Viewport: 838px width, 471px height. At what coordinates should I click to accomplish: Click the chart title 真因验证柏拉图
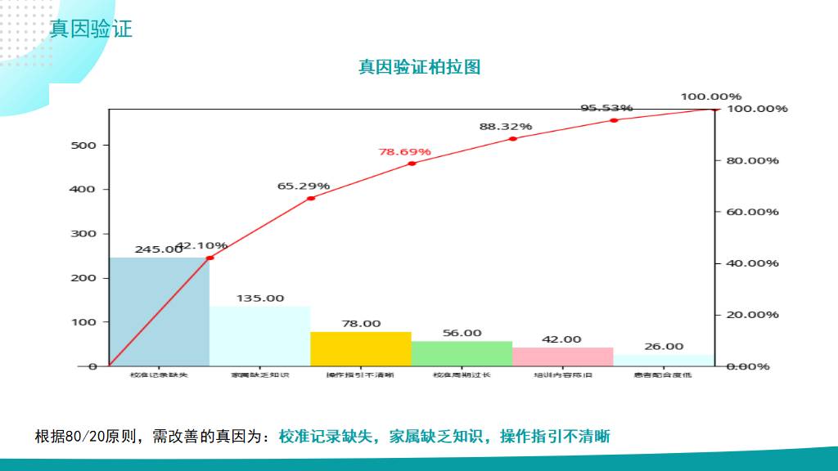419,67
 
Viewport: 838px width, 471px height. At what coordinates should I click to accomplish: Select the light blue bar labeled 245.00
159,312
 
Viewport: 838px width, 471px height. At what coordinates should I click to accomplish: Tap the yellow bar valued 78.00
360,348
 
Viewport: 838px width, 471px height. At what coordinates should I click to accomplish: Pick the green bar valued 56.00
462,353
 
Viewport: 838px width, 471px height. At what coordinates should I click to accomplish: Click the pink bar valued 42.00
562,357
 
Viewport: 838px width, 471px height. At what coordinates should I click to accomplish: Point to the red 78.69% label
404,152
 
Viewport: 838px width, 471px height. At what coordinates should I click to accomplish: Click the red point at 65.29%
311,198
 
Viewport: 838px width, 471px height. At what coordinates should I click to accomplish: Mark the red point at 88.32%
513,138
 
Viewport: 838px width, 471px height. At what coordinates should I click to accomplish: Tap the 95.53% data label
606,108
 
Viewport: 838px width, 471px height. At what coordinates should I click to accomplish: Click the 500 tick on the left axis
86,146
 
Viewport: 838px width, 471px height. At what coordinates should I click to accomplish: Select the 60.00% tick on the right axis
752,212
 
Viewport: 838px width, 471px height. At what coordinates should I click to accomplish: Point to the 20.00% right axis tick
752,315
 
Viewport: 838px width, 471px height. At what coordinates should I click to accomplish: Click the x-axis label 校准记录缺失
159,375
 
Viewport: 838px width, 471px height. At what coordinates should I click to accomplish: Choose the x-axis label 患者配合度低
663,375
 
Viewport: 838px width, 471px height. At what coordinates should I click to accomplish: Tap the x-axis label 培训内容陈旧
562,375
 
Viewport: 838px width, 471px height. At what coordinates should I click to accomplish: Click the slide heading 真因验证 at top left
91,29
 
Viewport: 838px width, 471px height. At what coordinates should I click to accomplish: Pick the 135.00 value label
260,298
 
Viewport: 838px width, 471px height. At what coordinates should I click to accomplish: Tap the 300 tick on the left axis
86,234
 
